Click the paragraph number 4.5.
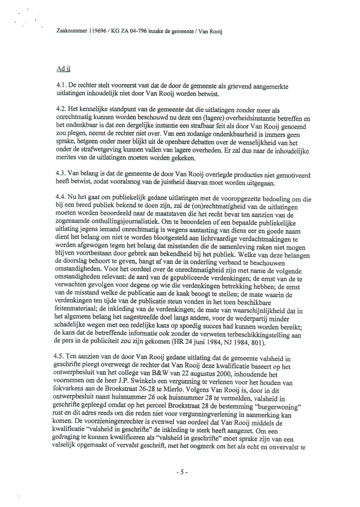(x=61, y=355)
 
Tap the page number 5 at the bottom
(x=182, y=472)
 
